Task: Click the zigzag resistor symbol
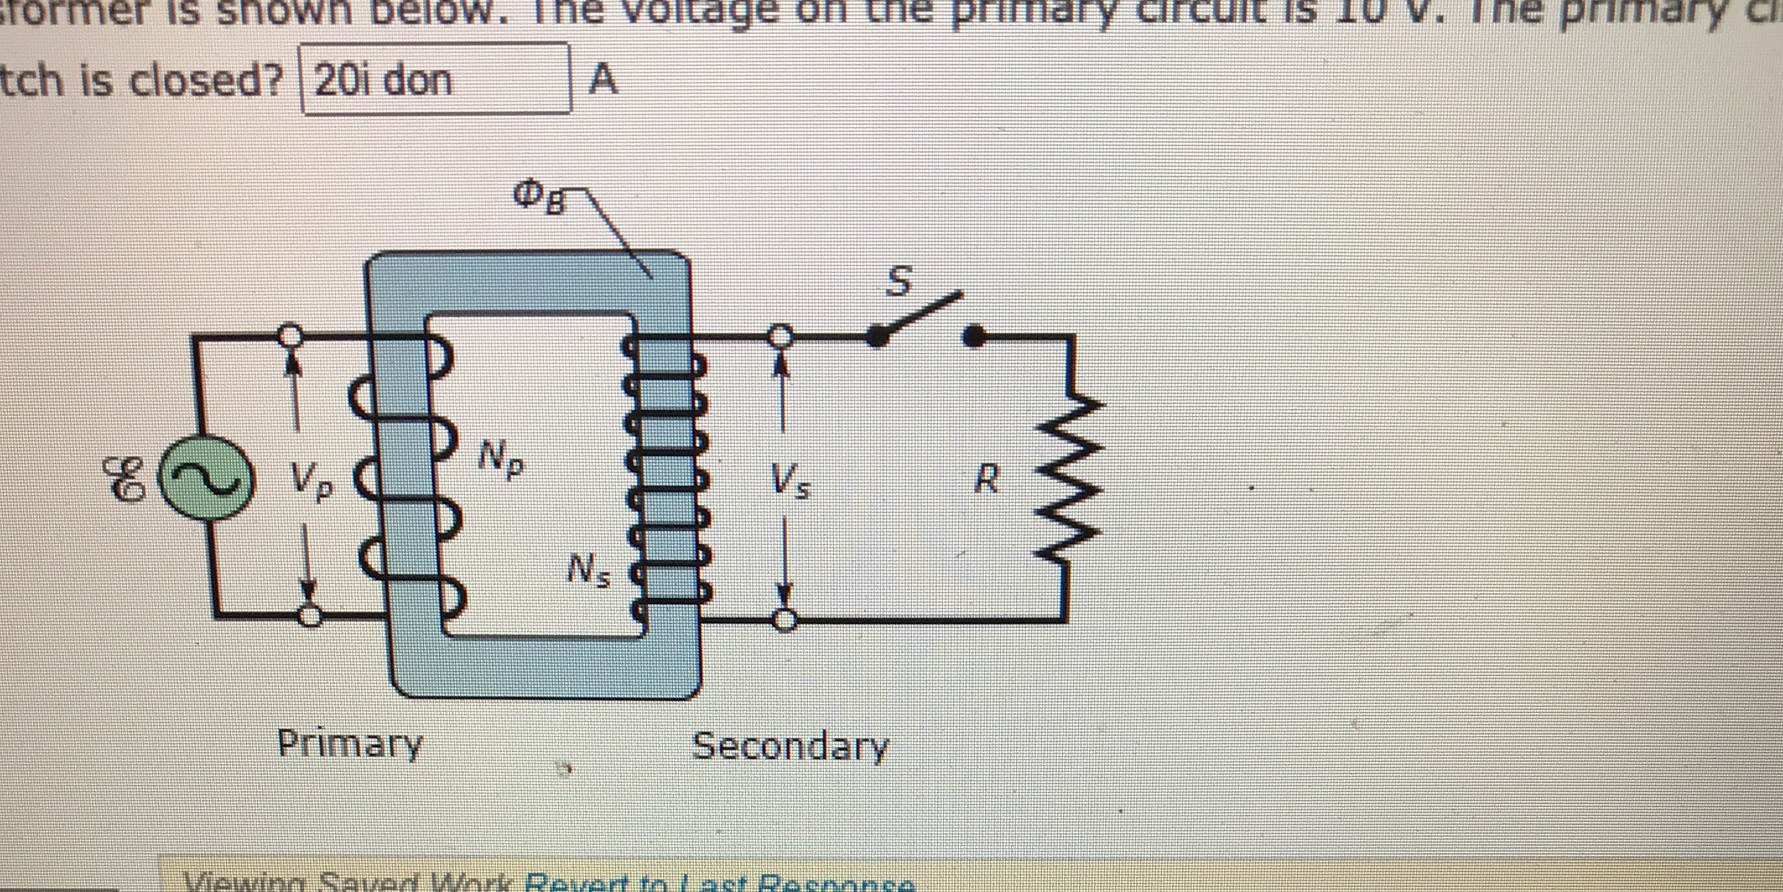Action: (x=1067, y=477)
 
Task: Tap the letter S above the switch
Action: (x=899, y=282)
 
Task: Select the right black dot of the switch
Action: (x=974, y=337)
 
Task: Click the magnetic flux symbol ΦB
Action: (x=539, y=197)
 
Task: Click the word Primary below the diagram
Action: (x=350, y=744)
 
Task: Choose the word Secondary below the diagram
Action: (x=790, y=746)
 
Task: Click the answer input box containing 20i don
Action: (x=436, y=79)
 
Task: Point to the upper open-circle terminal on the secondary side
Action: (x=781, y=337)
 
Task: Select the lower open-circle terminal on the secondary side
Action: (x=784, y=620)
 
